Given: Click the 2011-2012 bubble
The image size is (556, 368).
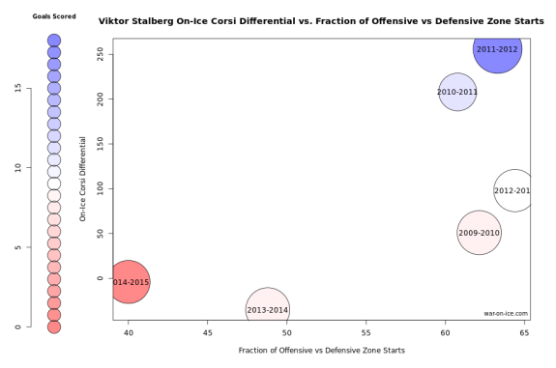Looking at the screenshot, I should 497,49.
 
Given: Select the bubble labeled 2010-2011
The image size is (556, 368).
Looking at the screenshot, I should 457,93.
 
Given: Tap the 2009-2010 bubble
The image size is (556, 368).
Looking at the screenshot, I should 479,233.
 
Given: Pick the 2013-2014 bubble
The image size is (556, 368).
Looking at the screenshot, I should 268,310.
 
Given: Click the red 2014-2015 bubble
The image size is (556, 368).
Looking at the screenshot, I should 129,282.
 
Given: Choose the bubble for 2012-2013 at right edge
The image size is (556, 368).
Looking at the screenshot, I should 513,191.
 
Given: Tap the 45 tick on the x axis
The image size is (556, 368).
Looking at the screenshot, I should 208,333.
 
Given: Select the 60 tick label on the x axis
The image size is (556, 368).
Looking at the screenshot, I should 446,333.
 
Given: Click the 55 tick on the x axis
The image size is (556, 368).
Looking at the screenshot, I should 366,333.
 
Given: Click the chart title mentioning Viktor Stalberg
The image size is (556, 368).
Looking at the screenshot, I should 315,19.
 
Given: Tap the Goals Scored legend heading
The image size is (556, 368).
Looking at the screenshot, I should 54,16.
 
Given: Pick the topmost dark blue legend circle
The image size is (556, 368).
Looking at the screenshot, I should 54,41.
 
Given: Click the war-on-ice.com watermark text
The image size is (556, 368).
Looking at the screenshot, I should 506,313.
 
